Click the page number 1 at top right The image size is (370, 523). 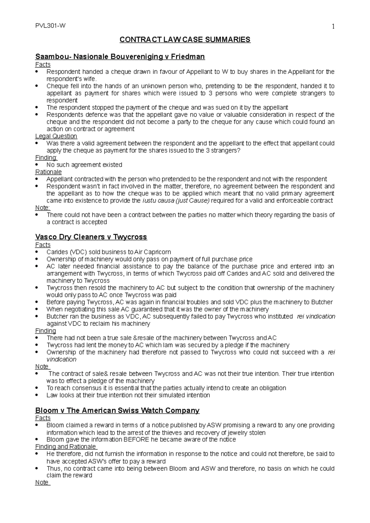[x=333, y=27]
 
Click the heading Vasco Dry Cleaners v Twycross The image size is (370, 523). [x=91, y=237]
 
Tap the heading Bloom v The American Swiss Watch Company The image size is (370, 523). [x=117, y=410]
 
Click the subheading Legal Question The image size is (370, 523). [x=56, y=136]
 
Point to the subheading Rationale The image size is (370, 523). [x=48, y=172]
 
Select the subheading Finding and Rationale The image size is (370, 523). [x=66, y=447]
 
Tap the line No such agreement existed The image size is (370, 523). [x=84, y=165]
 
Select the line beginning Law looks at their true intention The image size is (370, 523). [x=128, y=395]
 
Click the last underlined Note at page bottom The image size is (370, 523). [x=42, y=482]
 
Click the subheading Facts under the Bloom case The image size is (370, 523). [x=43, y=418]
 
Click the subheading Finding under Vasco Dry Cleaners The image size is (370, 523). [x=46, y=331]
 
